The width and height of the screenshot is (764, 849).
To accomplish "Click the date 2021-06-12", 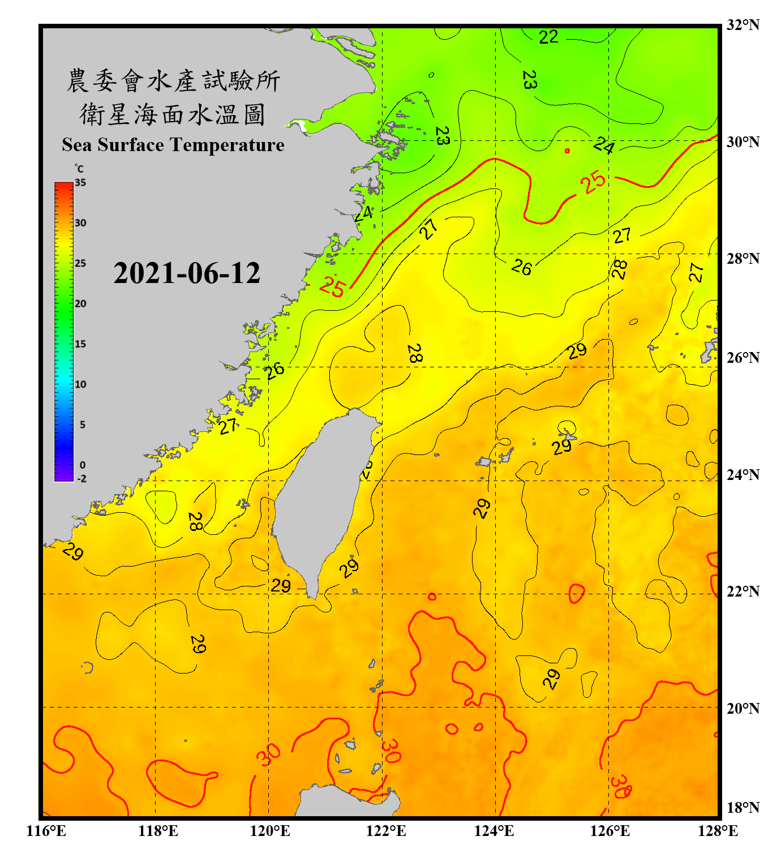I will click(x=187, y=273).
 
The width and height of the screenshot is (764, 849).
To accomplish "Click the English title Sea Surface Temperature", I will click(x=173, y=145).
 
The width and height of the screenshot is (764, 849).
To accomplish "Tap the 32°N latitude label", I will click(x=742, y=25).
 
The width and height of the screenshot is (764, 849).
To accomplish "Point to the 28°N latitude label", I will click(x=742, y=259).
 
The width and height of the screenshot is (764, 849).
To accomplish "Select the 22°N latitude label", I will click(x=742, y=591).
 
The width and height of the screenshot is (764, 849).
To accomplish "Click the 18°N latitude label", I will click(x=742, y=808).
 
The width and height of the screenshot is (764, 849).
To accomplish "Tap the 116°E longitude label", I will click(x=46, y=831).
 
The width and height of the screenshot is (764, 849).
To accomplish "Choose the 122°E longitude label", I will click(x=386, y=831).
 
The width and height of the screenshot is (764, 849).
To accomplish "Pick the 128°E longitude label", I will click(x=718, y=831).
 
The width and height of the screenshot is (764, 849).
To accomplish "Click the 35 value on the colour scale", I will click(x=80, y=183).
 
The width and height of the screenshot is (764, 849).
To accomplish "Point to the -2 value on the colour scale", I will click(x=81, y=479).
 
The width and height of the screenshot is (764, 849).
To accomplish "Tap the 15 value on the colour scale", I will click(x=80, y=344).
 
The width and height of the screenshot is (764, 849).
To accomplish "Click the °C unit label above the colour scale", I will click(x=79, y=169).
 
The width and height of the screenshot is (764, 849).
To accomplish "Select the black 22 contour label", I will click(x=548, y=37).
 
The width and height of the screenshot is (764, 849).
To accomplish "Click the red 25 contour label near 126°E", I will click(x=593, y=182).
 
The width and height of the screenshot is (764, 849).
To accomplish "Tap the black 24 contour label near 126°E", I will click(x=604, y=146).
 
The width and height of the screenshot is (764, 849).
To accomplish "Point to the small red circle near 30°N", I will click(x=567, y=151).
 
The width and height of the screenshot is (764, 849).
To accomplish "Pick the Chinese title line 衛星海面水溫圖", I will click(x=173, y=114).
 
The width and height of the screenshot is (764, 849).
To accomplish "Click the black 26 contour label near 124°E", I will click(x=522, y=267).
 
